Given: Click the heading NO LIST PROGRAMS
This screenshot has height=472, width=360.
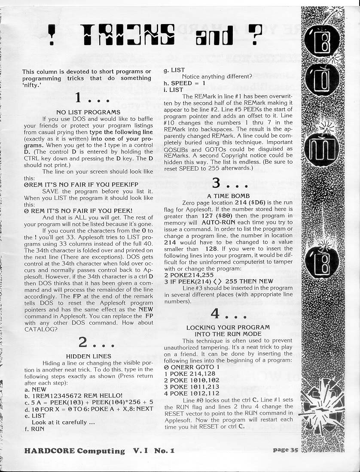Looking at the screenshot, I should tap(88, 112).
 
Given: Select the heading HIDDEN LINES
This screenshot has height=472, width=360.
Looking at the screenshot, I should tap(88, 356).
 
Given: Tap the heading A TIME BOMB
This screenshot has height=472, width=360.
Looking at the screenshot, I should tap(228, 196).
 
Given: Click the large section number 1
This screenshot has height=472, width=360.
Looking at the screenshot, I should tap(78, 98).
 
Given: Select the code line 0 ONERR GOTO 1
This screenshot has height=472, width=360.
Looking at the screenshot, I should tap(189, 368).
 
